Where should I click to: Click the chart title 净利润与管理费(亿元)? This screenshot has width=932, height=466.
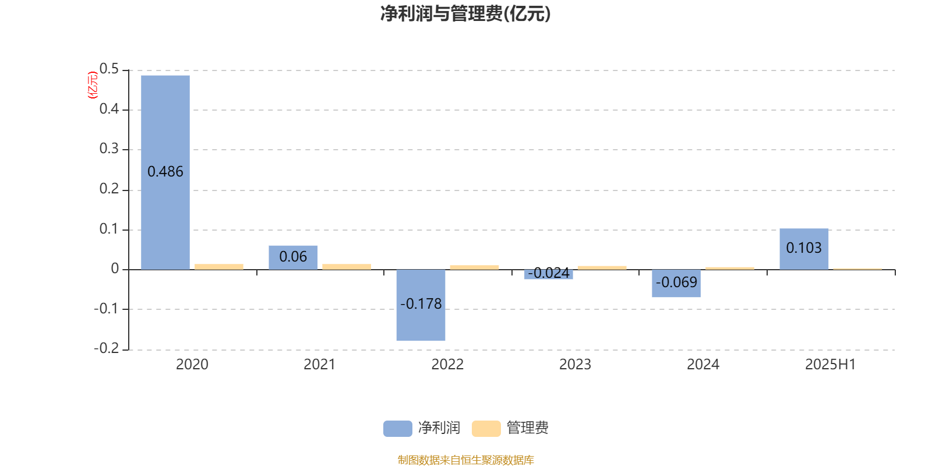pos(465,14)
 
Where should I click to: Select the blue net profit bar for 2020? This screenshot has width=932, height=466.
pos(165,172)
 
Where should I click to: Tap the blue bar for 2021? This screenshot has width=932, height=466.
pos(293,258)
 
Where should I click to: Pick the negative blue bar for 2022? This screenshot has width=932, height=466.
pos(421,305)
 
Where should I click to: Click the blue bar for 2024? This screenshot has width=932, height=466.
pos(676,283)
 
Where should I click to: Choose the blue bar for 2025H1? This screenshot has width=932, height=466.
pos(804,249)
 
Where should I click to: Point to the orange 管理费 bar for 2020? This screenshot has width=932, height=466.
pos(219,267)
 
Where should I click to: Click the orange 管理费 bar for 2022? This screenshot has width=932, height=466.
pos(474,267)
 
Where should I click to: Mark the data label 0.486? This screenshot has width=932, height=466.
pos(165,171)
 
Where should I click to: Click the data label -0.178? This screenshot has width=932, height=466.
pos(421,303)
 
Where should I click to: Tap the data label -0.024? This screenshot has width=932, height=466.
pos(548,273)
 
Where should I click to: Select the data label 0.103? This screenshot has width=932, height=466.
pos(804,248)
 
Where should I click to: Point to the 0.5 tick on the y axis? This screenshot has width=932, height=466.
pos(109,69)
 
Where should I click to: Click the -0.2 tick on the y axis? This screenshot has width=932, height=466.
pos(107,348)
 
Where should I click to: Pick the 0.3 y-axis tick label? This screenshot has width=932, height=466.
pos(109,149)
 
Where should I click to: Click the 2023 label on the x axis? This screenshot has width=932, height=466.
pos(575,365)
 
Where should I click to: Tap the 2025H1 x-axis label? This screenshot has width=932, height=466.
pos(831,365)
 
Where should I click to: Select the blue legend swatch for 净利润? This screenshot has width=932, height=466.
pos(398,429)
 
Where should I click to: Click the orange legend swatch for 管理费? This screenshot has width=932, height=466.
pos(486,429)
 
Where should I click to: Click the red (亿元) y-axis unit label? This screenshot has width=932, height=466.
pos(93,85)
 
